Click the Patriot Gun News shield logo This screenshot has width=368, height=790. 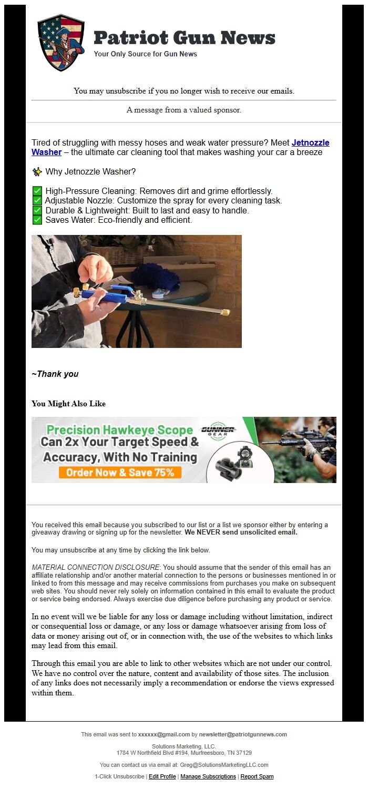coord(61,43)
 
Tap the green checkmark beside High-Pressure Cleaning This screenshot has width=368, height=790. coord(37,191)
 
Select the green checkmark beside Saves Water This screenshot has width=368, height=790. coord(37,220)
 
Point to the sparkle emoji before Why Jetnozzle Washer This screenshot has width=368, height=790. coord(37,172)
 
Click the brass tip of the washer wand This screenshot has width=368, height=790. coord(225,312)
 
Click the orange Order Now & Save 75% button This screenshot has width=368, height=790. coord(120,472)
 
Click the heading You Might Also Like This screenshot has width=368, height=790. coord(68,404)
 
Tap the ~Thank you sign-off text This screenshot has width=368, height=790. coord(55,374)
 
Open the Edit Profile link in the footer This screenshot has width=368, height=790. coord(162,776)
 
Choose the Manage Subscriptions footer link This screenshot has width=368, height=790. coord(208,776)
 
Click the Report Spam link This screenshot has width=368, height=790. coord(257,776)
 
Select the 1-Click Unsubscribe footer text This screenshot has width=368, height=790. coord(119,776)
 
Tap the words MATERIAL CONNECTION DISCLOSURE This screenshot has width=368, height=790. coord(95,568)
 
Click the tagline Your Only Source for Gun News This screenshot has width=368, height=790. coord(146,54)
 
